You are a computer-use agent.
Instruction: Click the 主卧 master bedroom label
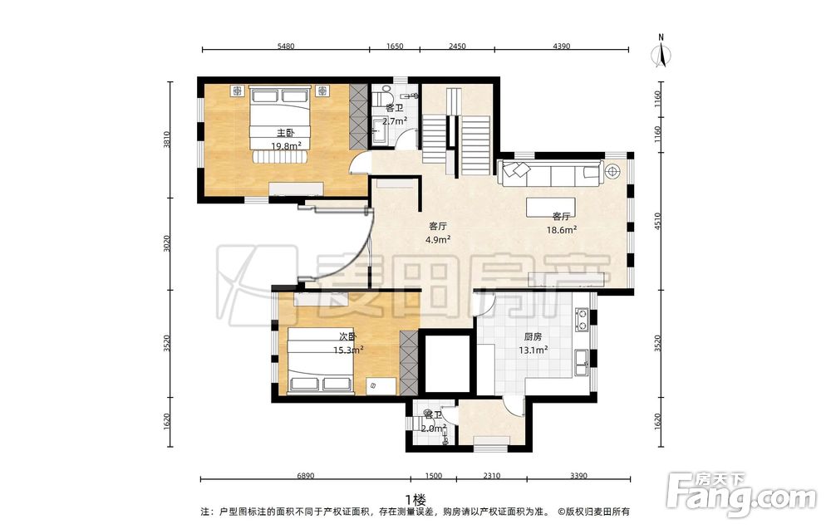286,132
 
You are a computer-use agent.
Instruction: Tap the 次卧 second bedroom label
347,337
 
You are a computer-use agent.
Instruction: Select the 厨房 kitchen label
533,336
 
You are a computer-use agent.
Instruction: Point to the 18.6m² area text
562,229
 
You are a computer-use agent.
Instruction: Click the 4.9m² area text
438,239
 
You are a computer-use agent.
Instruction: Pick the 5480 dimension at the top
286,46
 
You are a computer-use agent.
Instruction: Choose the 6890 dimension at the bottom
305,476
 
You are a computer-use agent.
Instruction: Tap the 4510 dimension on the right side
658,222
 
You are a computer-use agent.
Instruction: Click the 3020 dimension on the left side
167,243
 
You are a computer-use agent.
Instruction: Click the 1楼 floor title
415,499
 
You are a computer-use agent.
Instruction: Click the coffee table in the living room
551,207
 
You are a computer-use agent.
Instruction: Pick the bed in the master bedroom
280,125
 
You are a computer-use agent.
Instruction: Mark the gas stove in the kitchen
583,319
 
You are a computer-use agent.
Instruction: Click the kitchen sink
582,362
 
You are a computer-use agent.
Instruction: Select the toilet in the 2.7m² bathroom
382,98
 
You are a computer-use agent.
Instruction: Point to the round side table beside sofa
613,171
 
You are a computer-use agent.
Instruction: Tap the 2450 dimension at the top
457,46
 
